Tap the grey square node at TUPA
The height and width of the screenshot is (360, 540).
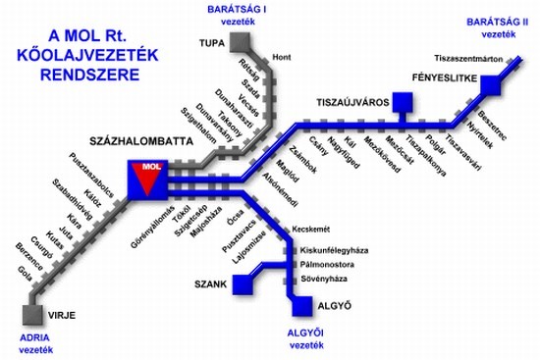pyautogui.click(x=239, y=42)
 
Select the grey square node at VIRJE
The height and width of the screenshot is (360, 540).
pyautogui.click(x=33, y=315)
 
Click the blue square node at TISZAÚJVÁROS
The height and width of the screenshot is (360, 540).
pyautogui.click(x=399, y=101)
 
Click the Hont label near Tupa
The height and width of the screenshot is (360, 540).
pyautogui.click(x=281, y=56)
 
